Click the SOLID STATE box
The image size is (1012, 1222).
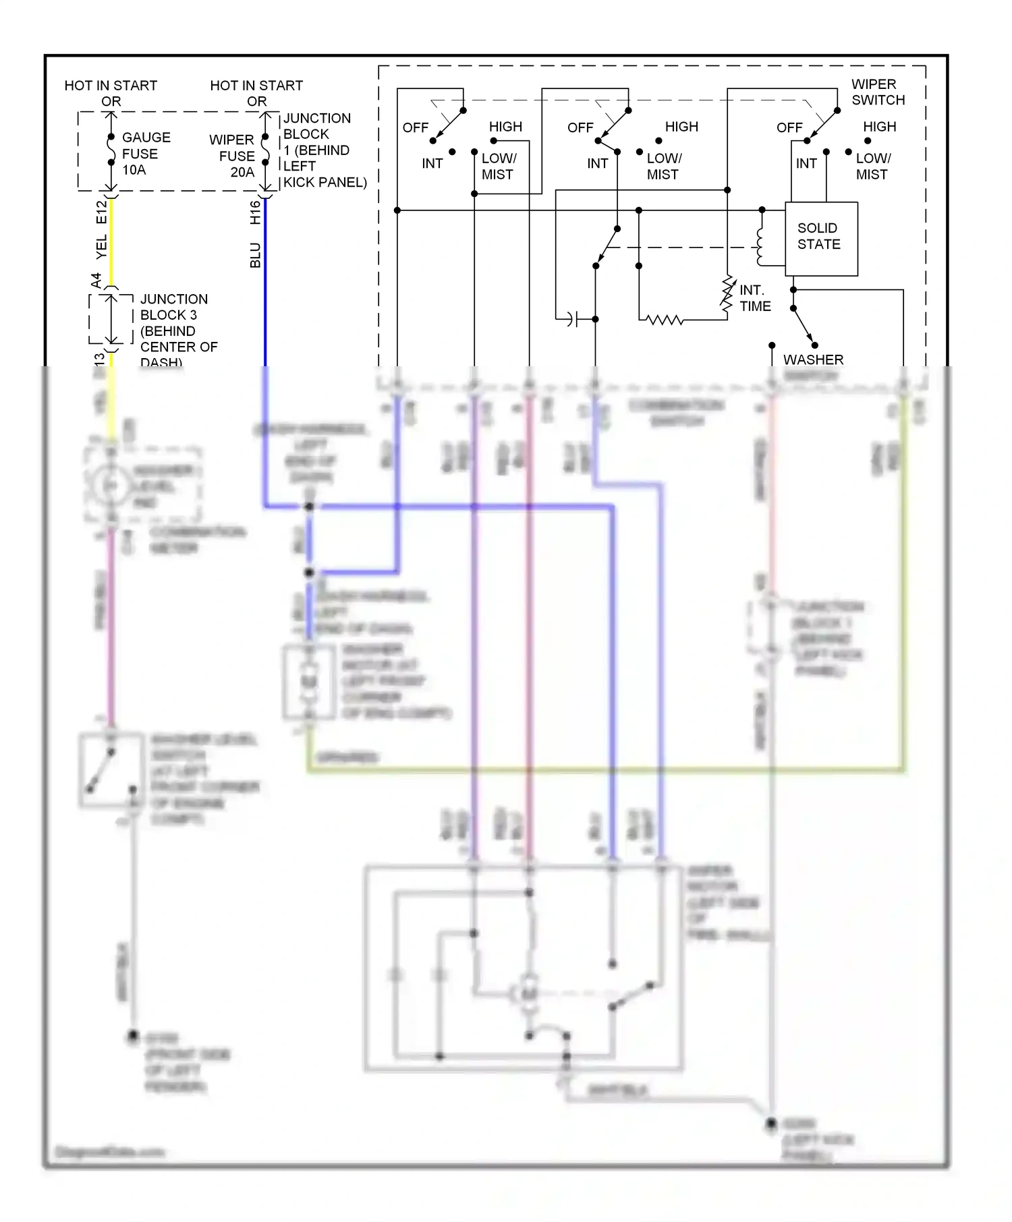821,238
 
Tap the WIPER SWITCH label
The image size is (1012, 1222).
878,92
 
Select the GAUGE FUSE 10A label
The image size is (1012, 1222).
145,154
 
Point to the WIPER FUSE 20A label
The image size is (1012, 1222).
233,156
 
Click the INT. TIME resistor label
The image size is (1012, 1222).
754,298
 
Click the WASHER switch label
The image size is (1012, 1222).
813,360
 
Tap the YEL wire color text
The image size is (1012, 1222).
101,248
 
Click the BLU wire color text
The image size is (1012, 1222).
255,256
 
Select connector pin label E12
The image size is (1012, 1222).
101,212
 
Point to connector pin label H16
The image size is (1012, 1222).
255,212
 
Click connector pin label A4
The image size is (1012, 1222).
96,280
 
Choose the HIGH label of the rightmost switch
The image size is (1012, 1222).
879,127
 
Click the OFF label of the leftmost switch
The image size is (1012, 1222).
415,127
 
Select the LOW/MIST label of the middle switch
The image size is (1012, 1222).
663,166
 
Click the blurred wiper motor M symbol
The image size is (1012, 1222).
529,994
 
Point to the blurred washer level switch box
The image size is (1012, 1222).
111,770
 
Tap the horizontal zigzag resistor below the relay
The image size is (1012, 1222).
665,320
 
